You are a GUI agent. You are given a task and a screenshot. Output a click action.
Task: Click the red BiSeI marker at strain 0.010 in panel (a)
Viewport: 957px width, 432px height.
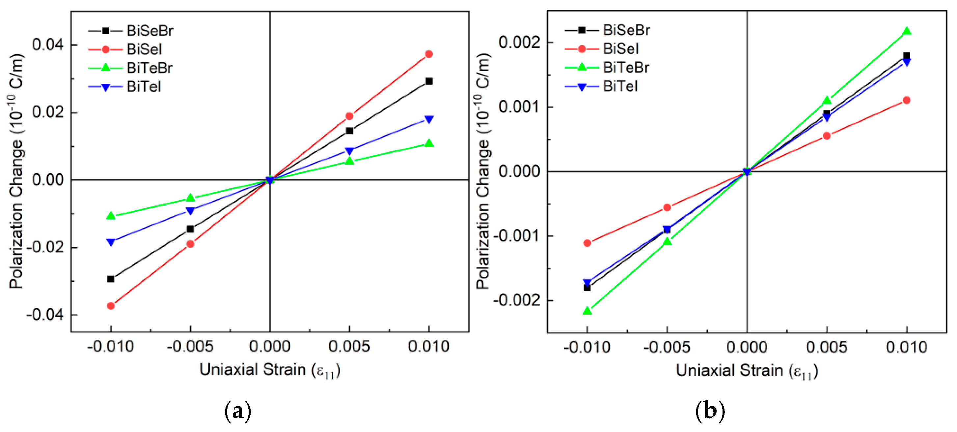[x=429, y=54]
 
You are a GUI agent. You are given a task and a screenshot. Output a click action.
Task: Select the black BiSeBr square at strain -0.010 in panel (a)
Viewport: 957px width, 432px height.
[x=111, y=279]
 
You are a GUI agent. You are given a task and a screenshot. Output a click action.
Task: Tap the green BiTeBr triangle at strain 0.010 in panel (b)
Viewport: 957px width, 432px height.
[x=907, y=31]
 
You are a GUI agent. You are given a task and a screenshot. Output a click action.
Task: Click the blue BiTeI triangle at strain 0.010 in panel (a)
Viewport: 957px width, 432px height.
[x=429, y=119]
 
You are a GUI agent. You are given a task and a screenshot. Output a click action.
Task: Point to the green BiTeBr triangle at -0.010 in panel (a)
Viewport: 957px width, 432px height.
[x=111, y=216]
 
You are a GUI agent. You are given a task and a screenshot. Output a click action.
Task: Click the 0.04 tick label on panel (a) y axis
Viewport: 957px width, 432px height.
[x=48, y=45]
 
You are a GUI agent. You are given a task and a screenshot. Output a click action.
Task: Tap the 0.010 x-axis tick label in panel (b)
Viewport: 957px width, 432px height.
[x=907, y=348]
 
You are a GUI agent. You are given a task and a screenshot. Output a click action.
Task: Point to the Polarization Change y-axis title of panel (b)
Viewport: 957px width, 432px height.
[x=483, y=171]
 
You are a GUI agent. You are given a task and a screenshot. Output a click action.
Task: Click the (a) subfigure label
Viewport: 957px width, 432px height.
[x=238, y=411]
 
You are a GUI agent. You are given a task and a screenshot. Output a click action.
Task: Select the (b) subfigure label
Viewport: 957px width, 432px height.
[x=710, y=411]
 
